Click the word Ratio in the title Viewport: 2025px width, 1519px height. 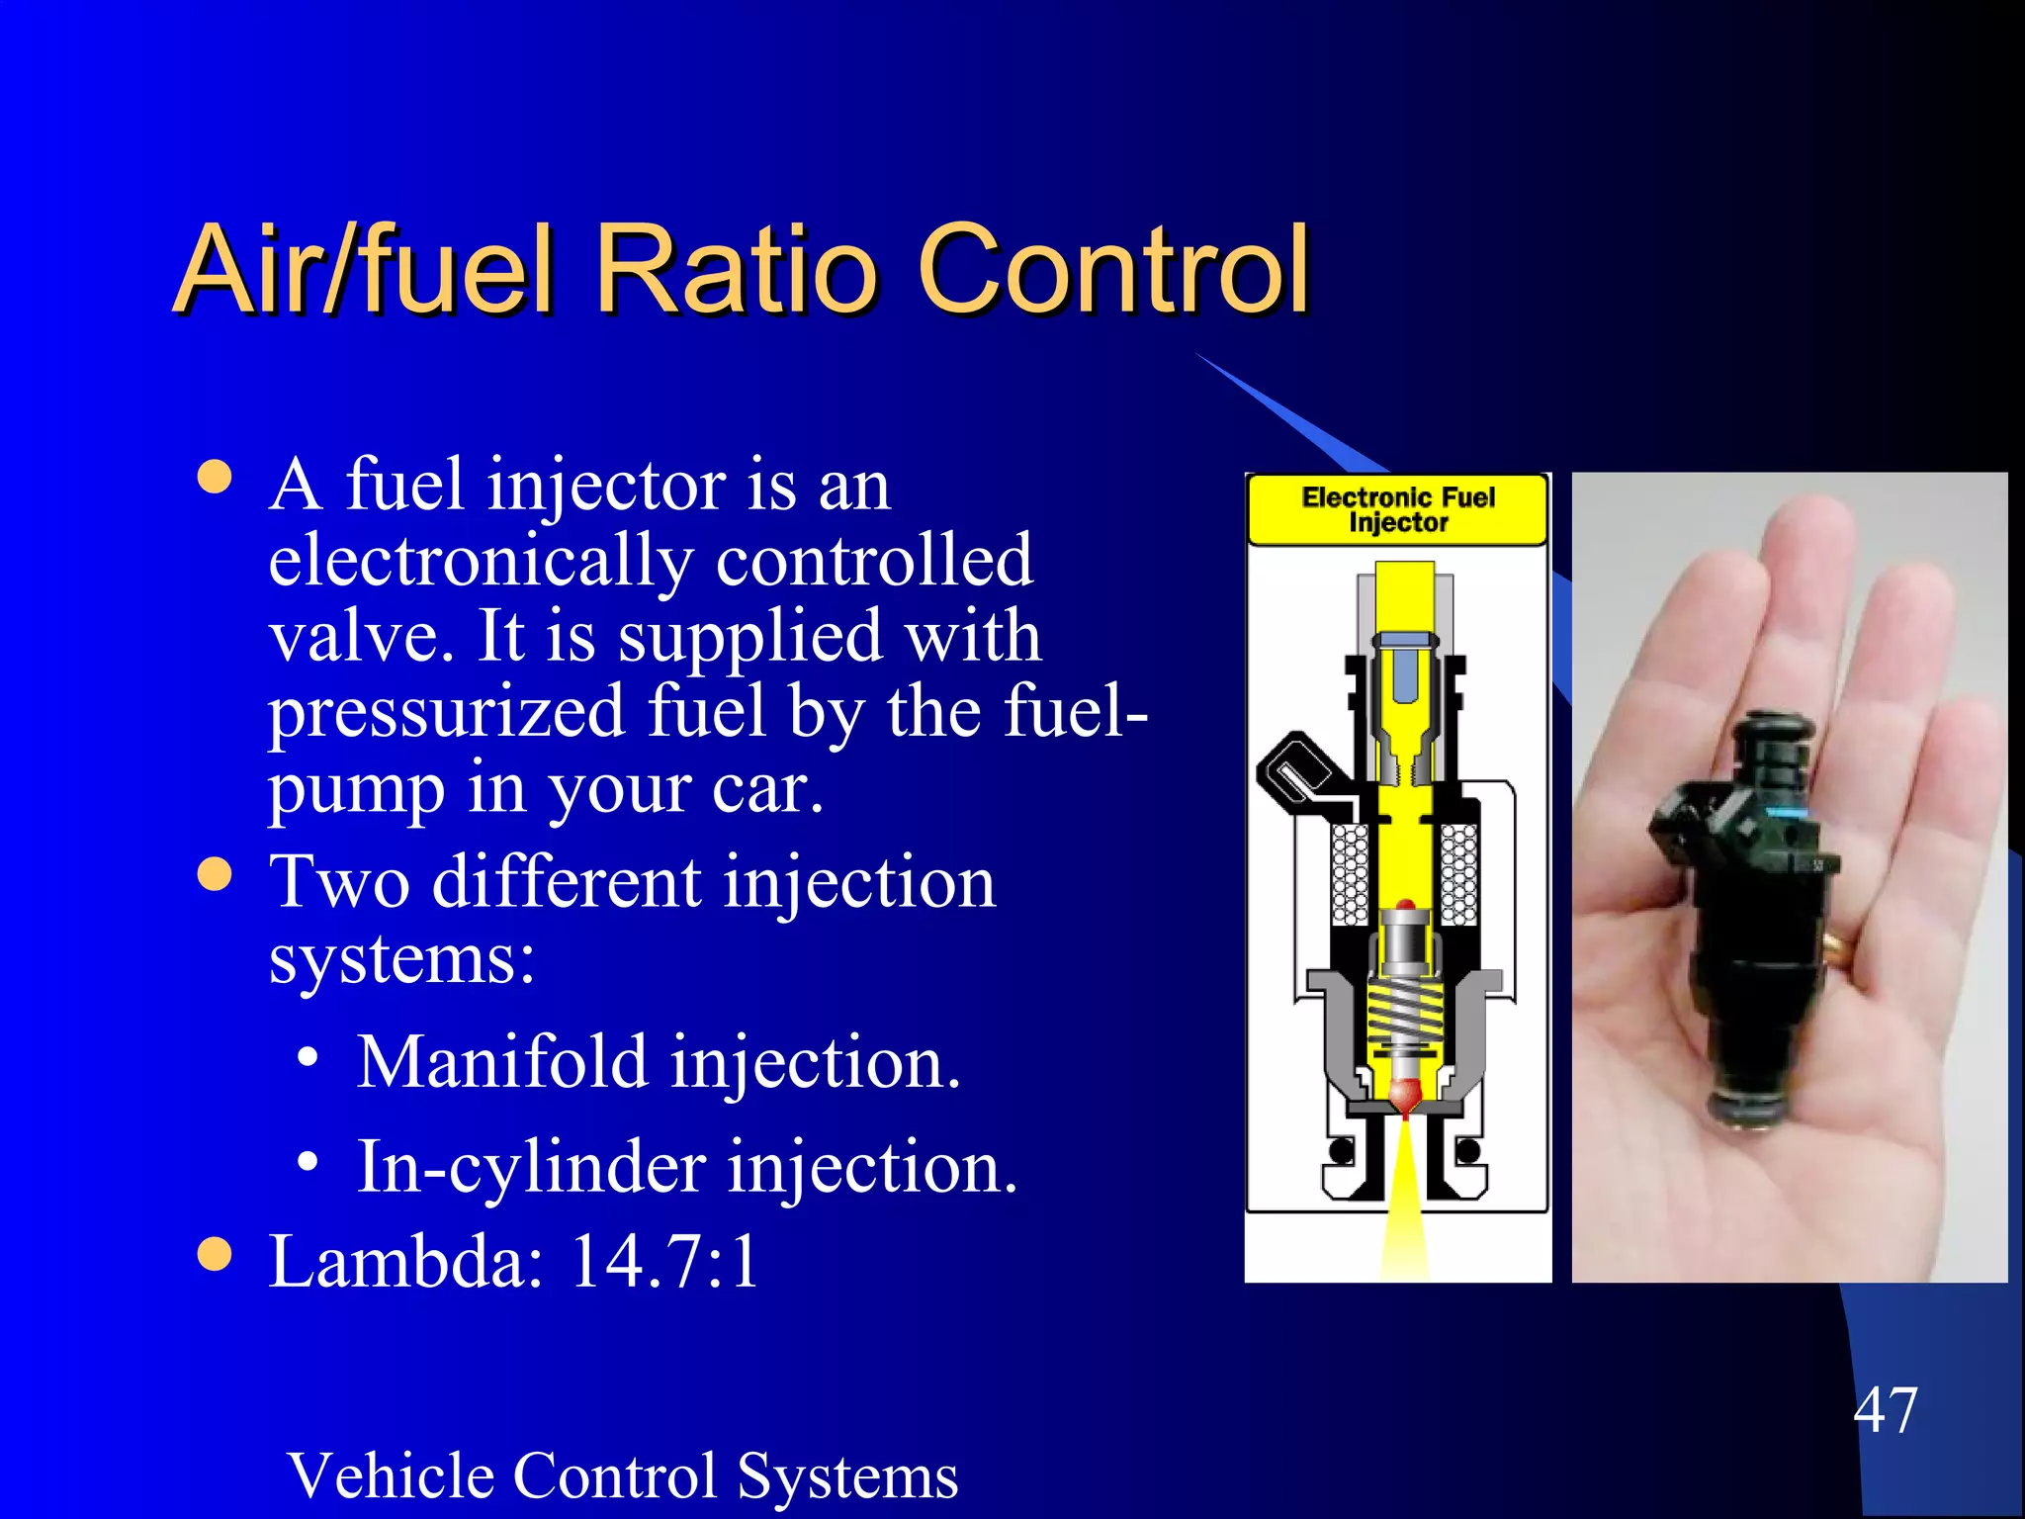tap(737, 269)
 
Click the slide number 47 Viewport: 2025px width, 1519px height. tap(1885, 1409)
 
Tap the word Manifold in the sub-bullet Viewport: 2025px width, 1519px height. tap(501, 1062)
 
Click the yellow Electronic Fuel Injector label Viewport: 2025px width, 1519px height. tap(1397, 509)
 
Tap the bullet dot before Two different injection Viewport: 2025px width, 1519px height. tap(215, 874)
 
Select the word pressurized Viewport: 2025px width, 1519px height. tap(447, 712)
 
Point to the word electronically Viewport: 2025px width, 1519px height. tap(481, 561)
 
